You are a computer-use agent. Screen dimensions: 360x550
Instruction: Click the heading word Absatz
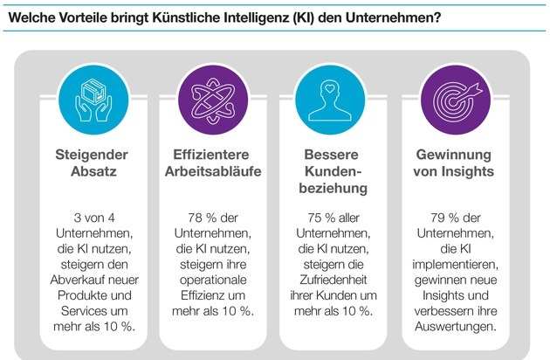click(97, 174)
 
